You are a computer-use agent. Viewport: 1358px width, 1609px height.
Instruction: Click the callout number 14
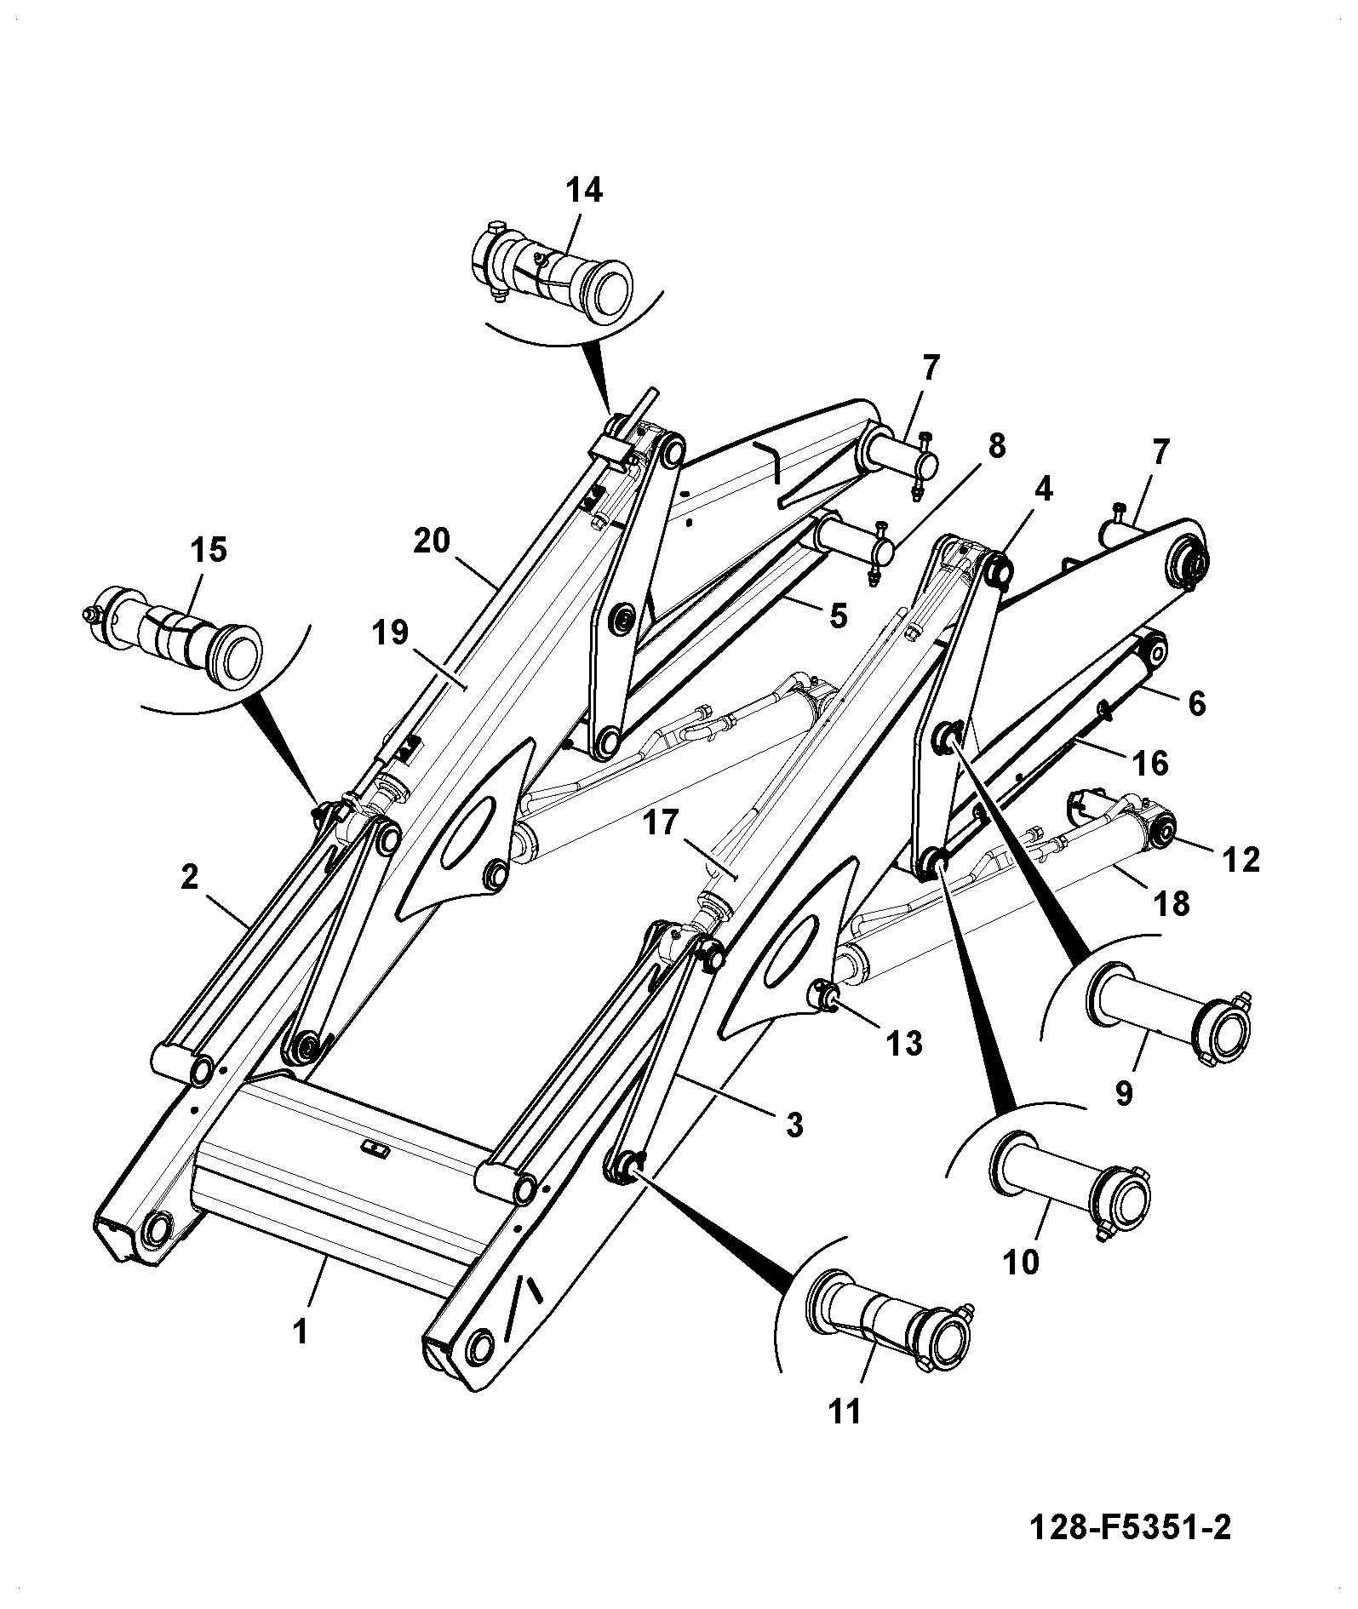pos(585,191)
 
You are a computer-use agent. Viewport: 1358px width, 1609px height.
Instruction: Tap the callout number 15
pos(209,550)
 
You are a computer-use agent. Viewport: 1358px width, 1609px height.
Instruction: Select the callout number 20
pos(431,541)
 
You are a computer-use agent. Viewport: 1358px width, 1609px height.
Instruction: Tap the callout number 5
pos(839,616)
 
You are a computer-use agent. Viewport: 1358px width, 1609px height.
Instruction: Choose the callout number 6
pos(1197,703)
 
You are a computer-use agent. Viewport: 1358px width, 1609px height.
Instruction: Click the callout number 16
pos(1150,763)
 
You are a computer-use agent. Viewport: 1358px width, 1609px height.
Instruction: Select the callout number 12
pos(1241,860)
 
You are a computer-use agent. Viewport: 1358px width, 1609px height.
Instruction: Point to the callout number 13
pos(904,1042)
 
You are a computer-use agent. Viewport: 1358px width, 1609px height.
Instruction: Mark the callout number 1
pos(300,1331)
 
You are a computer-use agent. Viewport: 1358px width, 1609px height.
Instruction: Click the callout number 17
pos(662,824)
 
